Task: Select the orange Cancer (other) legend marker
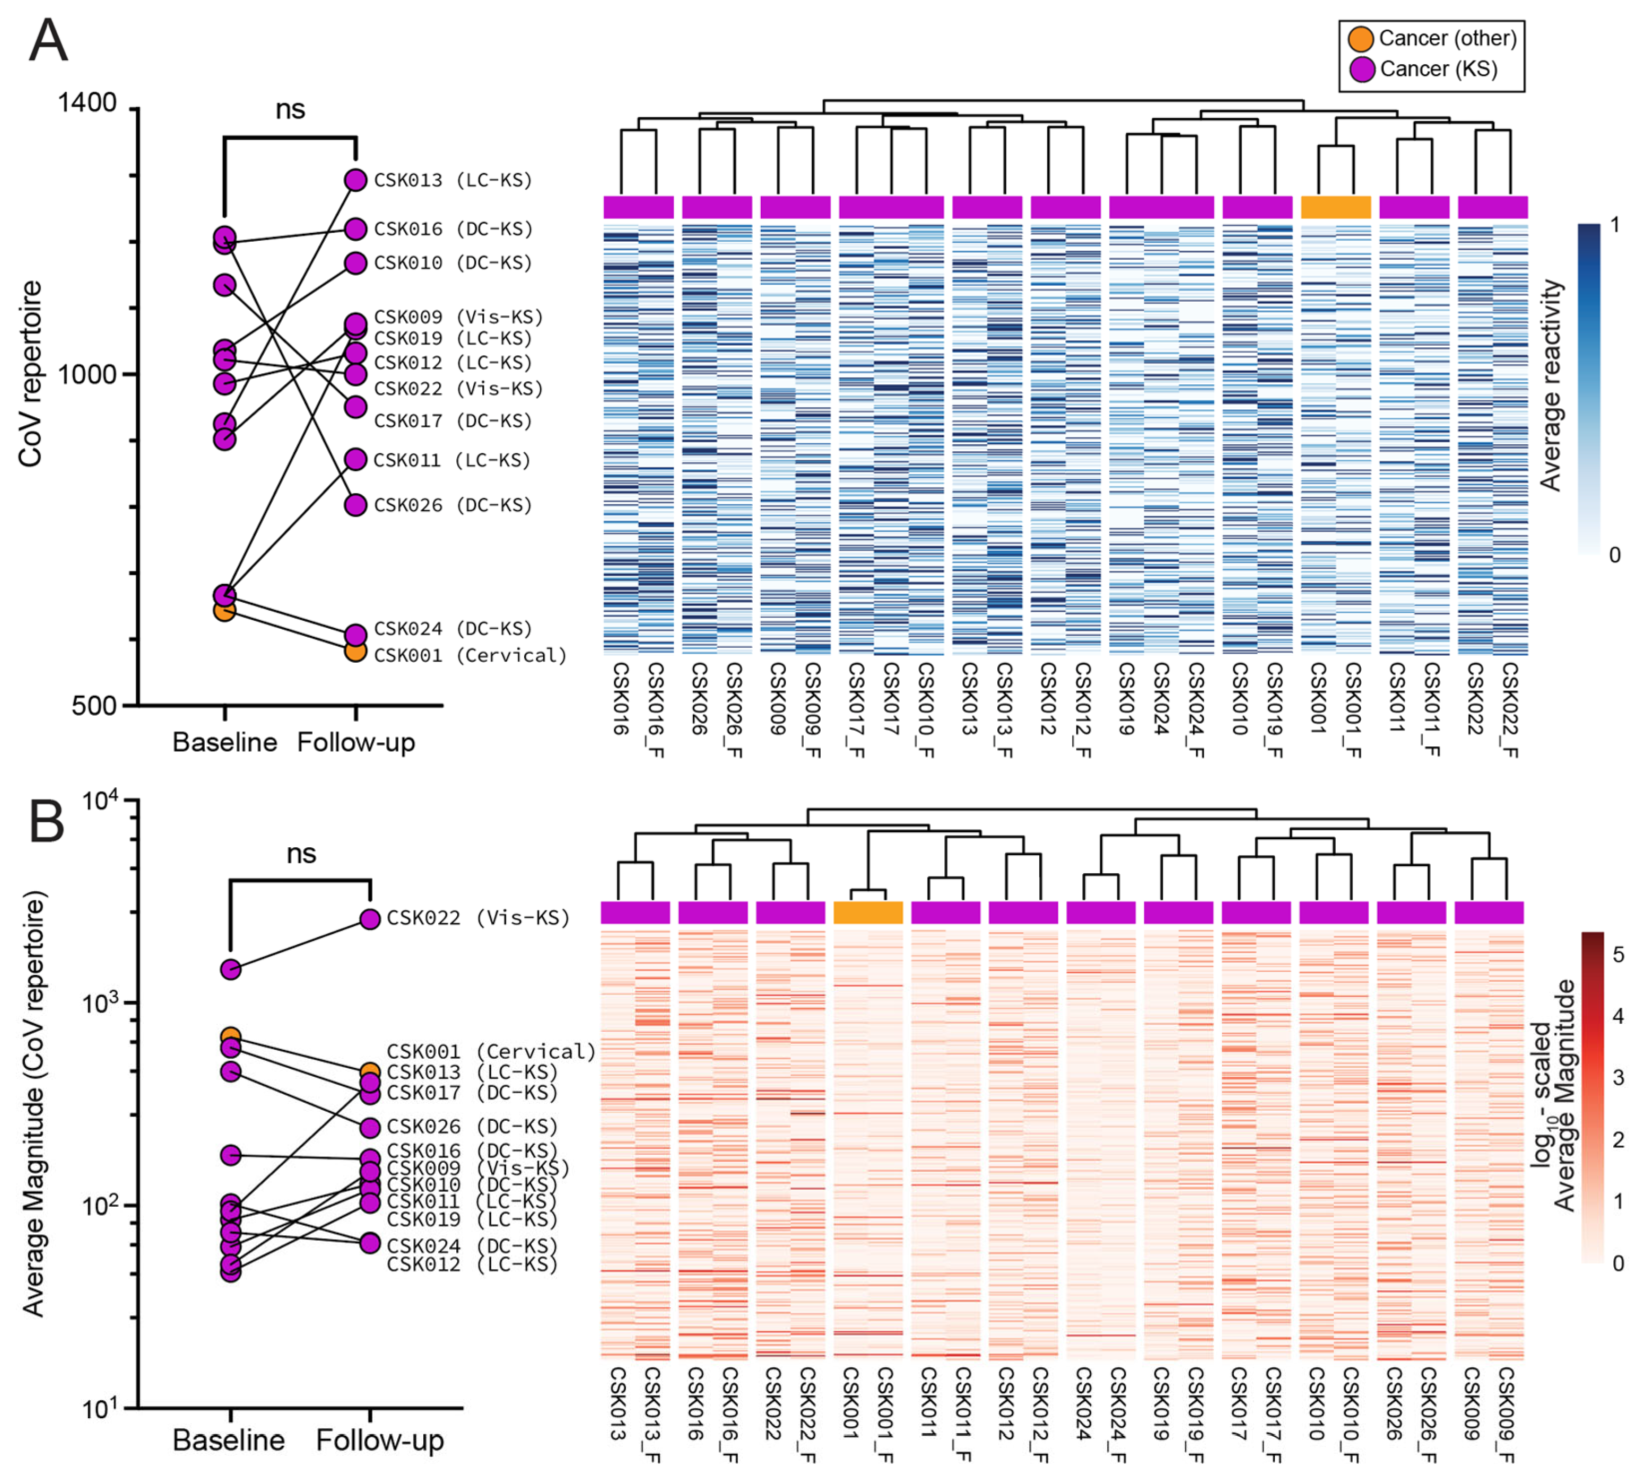pyautogui.click(x=1360, y=38)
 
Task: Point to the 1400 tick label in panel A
pyautogui.click(x=87, y=104)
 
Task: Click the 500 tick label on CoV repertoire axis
pyautogui.click(x=93, y=706)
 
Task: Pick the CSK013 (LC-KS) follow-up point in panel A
pyautogui.click(x=355, y=179)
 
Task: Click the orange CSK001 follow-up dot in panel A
pyautogui.click(x=355, y=651)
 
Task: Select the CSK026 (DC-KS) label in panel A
pyautogui.click(x=453, y=505)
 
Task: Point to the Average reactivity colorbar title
pyautogui.click(x=1551, y=385)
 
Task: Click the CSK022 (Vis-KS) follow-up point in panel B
pyautogui.click(x=370, y=919)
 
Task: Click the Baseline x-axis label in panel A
pyautogui.click(x=225, y=742)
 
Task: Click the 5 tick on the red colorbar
pyautogui.click(x=1618, y=954)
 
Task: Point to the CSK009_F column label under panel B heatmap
pyautogui.click(x=1506, y=1415)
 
